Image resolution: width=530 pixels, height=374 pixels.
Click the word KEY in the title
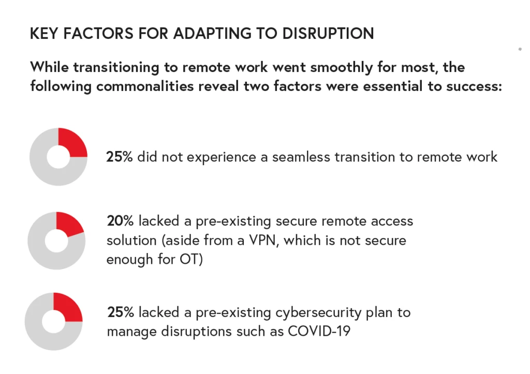[44, 34]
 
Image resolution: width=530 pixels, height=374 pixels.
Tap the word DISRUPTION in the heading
[328, 34]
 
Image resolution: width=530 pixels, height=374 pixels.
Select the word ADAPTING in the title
[212, 34]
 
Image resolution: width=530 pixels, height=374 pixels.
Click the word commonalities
[145, 86]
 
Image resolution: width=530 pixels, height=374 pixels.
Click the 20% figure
[120, 221]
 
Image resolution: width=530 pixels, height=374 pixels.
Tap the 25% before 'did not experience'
[120, 157]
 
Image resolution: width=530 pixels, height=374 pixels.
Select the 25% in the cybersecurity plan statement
[121, 312]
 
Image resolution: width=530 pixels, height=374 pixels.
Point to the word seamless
[301, 157]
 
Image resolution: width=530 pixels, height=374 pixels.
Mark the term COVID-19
[319, 332]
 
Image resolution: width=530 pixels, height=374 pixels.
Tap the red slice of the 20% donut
[70, 223]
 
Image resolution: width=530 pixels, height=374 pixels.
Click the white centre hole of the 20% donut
[56, 241]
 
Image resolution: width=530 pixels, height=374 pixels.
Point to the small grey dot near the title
[520, 49]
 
